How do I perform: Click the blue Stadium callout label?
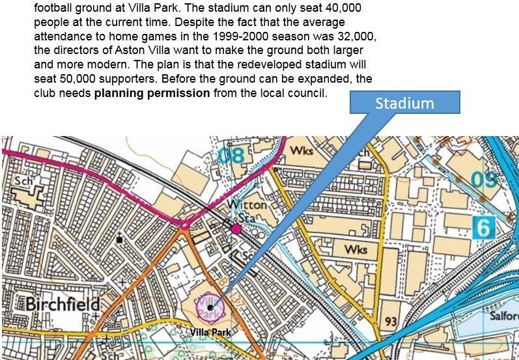tap(404, 104)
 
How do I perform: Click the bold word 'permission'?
tap(178, 92)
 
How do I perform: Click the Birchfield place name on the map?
tap(63, 305)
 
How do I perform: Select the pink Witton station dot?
tap(236, 228)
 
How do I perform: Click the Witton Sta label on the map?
tap(247, 210)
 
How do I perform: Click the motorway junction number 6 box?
tap(484, 227)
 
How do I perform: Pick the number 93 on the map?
tap(391, 321)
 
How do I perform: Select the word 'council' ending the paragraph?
tap(305, 92)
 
